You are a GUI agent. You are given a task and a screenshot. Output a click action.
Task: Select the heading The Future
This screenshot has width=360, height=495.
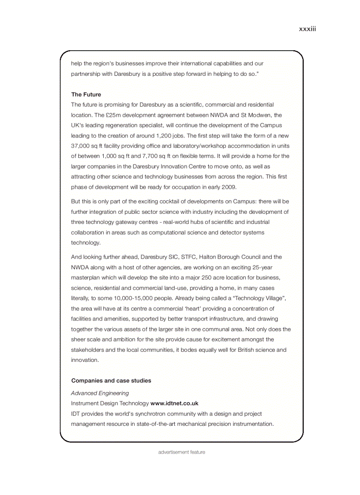pyautogui.click(x=86, y=94)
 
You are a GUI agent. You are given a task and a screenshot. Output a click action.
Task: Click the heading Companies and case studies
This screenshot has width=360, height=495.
pyautogui.click(x=111, y=380)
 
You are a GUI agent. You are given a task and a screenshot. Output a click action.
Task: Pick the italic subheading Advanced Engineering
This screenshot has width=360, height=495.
pyautogui.click(x=100, y=393)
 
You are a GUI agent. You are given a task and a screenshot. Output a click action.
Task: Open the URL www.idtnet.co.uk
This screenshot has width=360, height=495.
pyautogui.click(x=174, y=403)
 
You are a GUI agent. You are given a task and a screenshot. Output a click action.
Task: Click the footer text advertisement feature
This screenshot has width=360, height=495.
pyautogui.click(x=182, y=452)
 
